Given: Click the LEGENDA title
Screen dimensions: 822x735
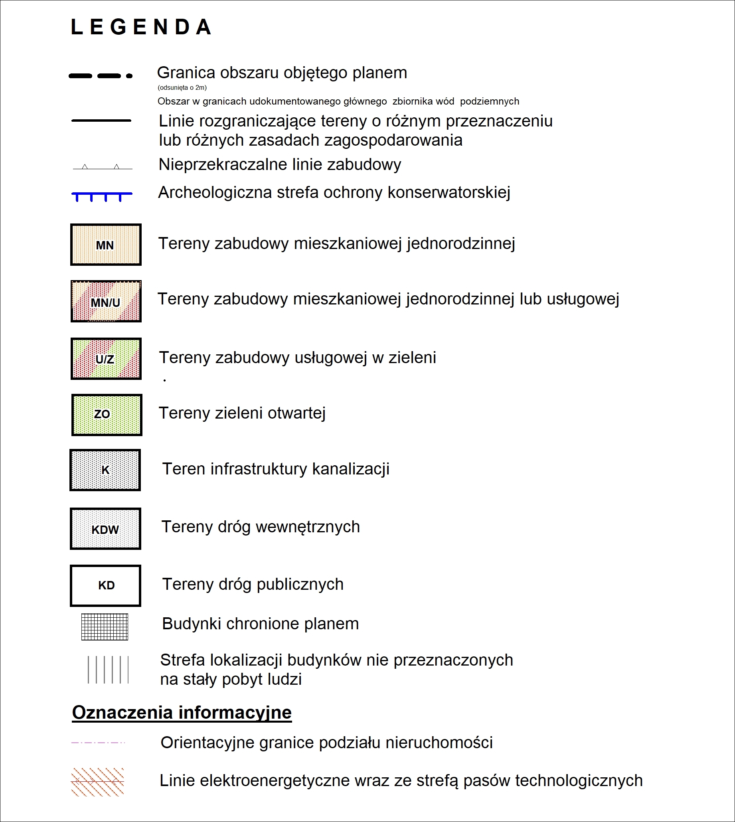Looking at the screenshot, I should point(141,28).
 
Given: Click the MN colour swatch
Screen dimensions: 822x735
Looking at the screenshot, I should point(106,245).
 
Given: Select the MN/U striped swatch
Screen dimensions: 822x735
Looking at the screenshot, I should point(106,301).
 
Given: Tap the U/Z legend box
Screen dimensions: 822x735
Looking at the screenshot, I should point(106,359).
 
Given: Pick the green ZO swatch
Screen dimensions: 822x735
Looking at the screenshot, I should point(107,415).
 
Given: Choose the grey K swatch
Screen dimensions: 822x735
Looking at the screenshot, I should point(105,470).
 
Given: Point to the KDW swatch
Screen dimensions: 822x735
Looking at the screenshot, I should point(105,529).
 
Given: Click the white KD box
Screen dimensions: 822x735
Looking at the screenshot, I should point(105,586).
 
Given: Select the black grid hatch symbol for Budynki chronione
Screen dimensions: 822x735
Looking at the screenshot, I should point(105,627).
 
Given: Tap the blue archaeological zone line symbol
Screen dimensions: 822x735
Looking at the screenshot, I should point(102,196).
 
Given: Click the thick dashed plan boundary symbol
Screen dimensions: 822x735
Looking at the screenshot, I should point(101,76).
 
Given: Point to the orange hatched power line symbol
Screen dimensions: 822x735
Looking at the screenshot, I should point(97,782).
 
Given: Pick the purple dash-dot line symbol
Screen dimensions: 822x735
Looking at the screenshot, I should point(98,743).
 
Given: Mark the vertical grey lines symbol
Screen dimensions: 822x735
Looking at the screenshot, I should point(108,670).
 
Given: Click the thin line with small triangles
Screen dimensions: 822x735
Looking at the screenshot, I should point(102,167).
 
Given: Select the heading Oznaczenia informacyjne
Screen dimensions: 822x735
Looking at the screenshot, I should point(182,713).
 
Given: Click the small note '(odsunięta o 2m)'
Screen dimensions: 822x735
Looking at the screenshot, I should point(182,88).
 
